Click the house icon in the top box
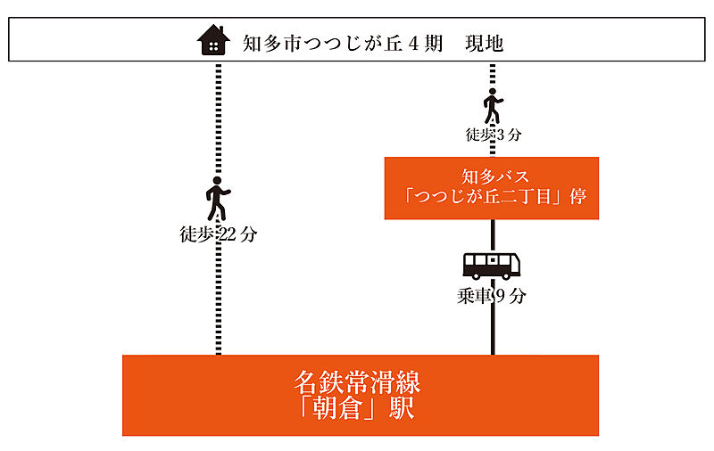coord(213,40)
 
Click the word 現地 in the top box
coord(484,44)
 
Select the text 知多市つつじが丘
coord(322,44)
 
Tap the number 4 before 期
coord(413,44)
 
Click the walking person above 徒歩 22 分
coord(218,199)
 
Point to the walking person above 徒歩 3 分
coord(493,106)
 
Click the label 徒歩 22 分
coord(219,234)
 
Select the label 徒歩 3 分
coord(494,135)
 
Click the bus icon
coord(492,266)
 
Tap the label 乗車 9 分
coord(492,297)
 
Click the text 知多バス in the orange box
coord(495,176)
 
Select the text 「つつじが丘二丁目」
coord(484,197)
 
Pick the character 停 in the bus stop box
coord(577,197)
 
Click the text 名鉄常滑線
coord(358,382)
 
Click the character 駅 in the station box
coord(402,408)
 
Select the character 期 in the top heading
coord(433,44)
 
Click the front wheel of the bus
coord(505,275)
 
